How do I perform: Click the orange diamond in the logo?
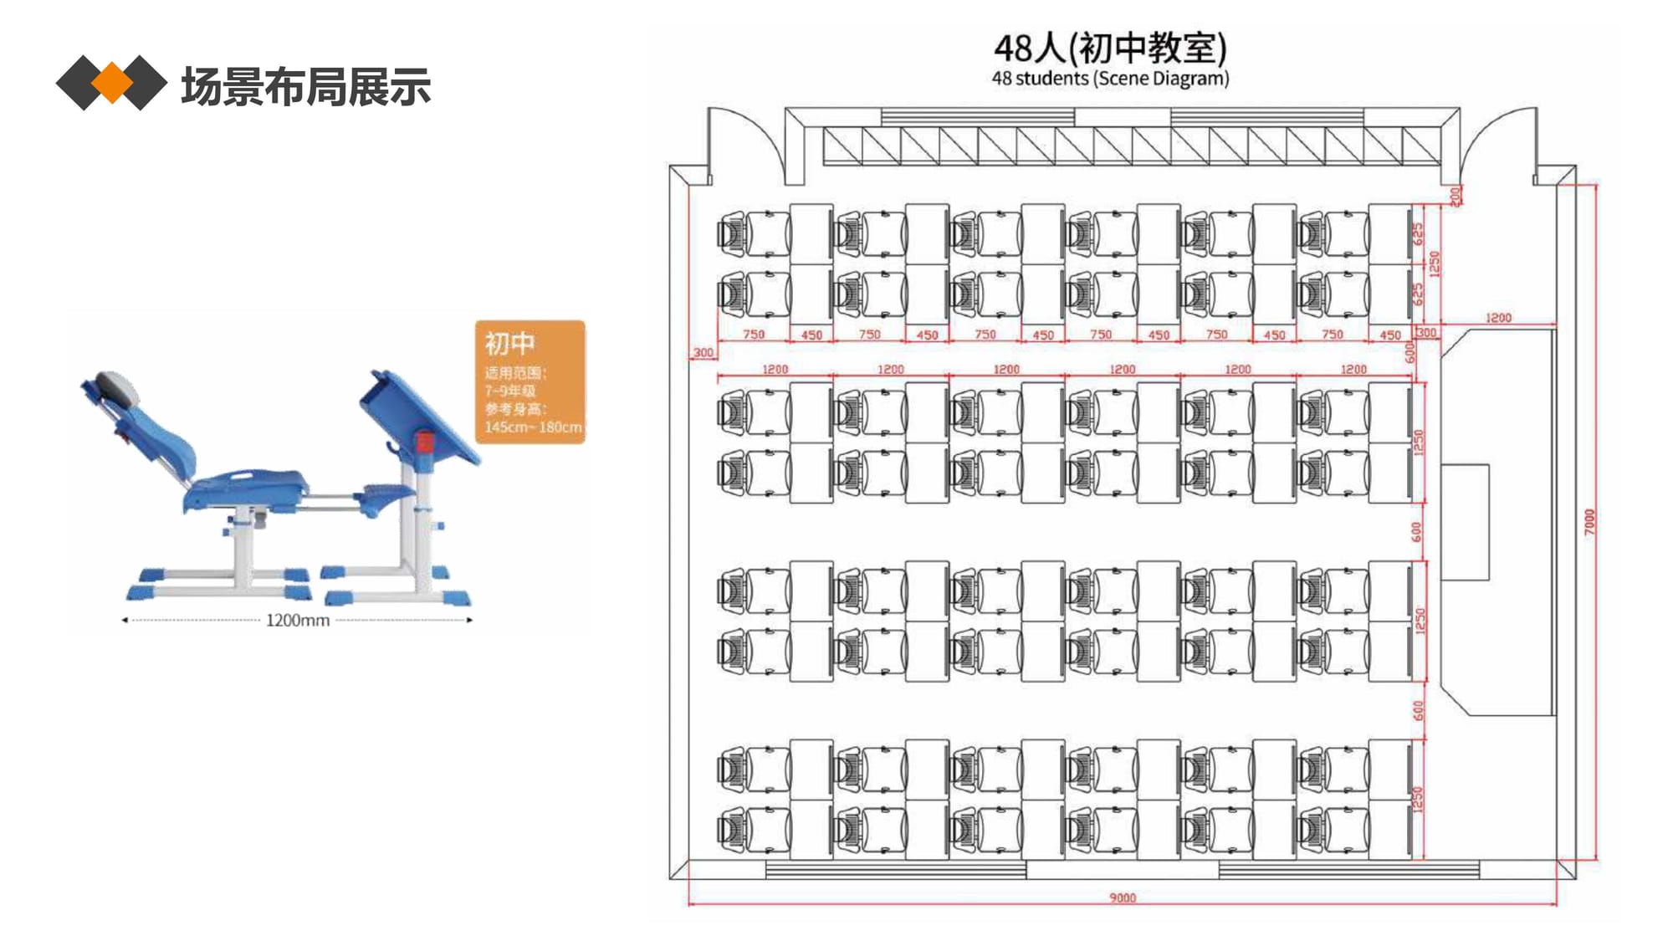111,83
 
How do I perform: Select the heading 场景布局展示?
305,86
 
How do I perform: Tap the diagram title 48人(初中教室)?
1110,48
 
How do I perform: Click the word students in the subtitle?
1051,79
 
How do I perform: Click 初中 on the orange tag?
509,343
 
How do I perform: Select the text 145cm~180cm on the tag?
533,427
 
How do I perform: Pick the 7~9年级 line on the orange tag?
509,391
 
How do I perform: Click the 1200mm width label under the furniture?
297,621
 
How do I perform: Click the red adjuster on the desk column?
424,442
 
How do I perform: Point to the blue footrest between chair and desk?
386,494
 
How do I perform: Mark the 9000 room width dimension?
1123,898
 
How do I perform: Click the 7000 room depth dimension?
1589,521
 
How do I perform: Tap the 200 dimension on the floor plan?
1456,196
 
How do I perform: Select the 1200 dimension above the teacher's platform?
1498,318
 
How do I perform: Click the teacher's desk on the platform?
1465,522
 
